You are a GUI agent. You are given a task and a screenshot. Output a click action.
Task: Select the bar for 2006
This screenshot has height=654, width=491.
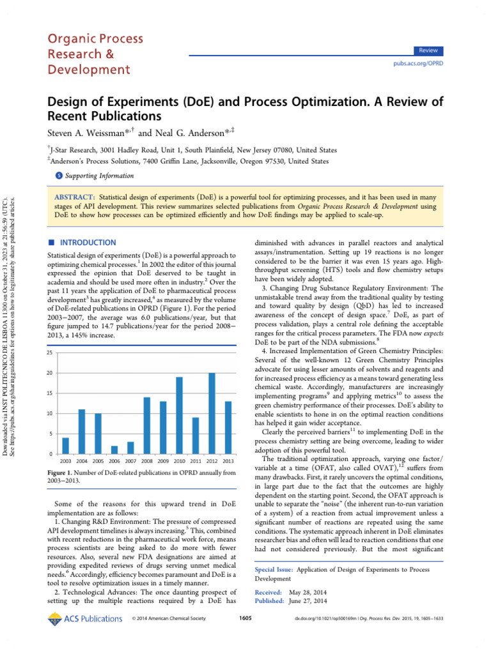[x=114, y=450]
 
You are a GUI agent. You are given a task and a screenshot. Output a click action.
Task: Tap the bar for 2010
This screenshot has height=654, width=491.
[x=180, y=415]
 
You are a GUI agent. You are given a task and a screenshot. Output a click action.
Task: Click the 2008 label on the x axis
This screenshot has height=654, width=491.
[x=147, y=460]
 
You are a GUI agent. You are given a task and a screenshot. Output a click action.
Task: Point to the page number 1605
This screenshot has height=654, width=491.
[x=245, y=618]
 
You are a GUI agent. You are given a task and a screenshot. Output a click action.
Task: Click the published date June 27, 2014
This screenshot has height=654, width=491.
[x=309, y=601]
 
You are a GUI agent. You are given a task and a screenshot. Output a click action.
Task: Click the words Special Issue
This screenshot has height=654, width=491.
[x=274, y=568]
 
